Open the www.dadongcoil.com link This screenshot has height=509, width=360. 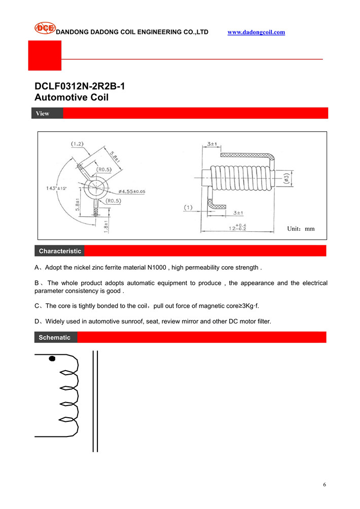(256, 32)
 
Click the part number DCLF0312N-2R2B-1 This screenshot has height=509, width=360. (80, 86)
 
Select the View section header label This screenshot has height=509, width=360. (43, 114)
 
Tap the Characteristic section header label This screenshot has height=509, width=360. (60, 251)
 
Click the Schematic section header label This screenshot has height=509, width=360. (54, 338)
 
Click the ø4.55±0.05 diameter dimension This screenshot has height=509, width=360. (131, 192)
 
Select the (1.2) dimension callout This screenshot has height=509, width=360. (77, 144)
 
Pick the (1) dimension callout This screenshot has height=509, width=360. (189, 208)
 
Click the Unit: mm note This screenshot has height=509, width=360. (301, 229)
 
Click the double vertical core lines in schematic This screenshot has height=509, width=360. (94, 401)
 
